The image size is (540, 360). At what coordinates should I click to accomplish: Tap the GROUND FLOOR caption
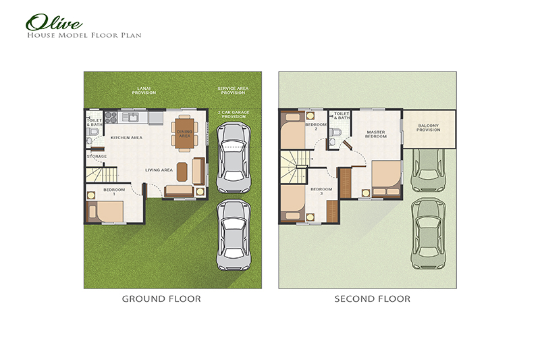161,299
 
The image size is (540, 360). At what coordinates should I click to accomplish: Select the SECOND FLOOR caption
372,299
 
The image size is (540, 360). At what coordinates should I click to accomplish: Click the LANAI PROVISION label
143,91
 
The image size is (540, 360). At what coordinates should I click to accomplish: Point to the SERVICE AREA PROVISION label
231,91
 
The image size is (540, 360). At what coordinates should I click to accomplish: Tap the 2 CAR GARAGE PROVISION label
232,115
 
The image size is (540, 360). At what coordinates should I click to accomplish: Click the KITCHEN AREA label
126,138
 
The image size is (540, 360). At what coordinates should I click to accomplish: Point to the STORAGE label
97,157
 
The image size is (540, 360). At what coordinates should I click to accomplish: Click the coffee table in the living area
182,172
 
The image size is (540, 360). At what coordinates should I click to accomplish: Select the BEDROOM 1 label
114,192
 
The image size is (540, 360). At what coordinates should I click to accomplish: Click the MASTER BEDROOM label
376,134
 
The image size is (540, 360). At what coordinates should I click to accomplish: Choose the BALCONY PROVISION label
429,127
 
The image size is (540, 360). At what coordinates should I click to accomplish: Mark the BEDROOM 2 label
315,126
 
